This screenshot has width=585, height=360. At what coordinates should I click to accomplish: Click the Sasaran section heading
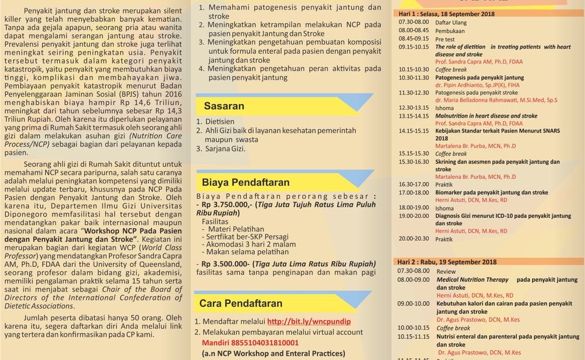(224, 106)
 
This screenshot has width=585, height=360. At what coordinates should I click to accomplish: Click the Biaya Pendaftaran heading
(246, 182)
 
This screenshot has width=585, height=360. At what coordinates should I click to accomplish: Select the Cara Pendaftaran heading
(241, 303)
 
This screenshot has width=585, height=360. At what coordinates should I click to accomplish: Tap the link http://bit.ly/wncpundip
(308, 322)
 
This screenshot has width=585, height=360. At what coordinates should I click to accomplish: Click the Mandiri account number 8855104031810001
(250, 343)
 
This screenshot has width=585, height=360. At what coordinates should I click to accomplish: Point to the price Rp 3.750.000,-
(225, 204)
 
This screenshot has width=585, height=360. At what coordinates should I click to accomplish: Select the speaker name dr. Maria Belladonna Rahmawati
(496, 99)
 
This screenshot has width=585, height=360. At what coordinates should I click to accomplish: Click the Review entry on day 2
(446, 271)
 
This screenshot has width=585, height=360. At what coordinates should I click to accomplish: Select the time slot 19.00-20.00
(414, 216)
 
